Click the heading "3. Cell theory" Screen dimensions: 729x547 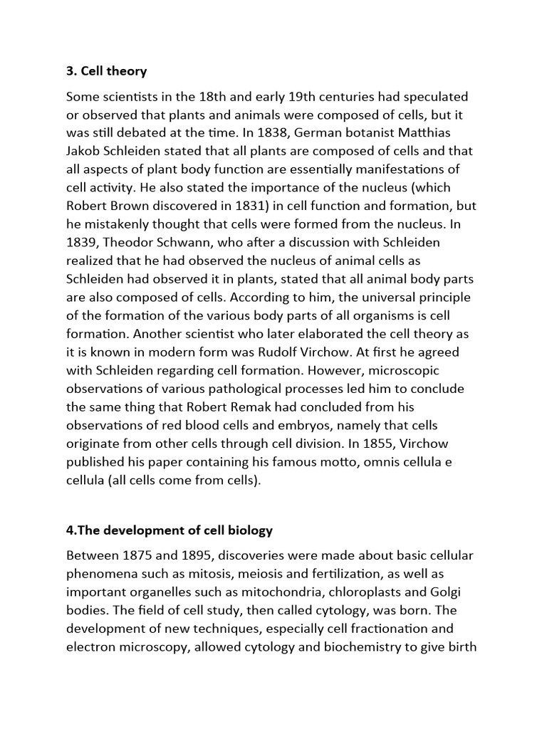click(x=107, y=70)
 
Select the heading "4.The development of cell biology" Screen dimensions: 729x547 click(x=170, y=530)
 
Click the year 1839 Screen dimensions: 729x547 click(x=83, y=242)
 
